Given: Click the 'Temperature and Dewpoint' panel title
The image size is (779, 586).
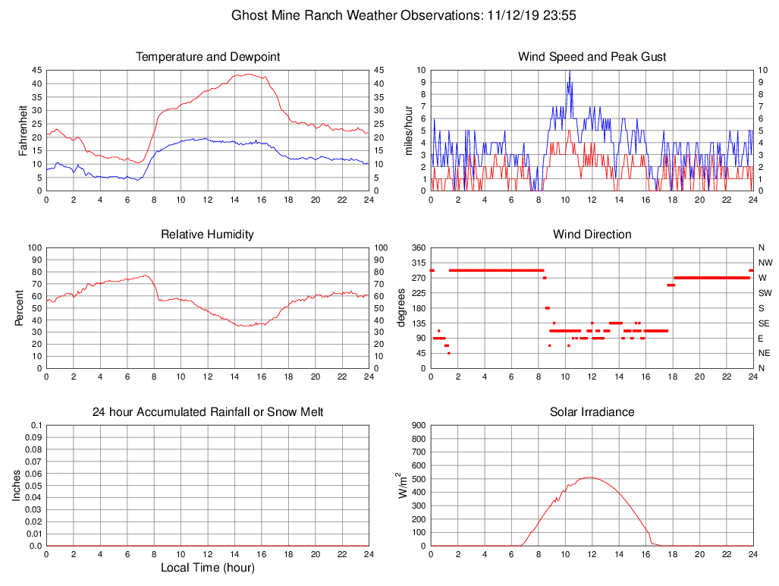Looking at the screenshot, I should (207, 57).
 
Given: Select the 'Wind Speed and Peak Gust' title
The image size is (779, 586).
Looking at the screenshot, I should (592, 57).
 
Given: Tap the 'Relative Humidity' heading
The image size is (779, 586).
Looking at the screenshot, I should (207, 235).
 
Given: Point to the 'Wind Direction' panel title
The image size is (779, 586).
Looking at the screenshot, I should (592, 235).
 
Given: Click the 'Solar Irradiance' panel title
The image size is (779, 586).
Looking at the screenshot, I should (592, 412).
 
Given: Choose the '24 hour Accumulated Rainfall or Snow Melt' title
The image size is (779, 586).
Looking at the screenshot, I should (207, 412).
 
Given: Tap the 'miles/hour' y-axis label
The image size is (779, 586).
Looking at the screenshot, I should (408, 130).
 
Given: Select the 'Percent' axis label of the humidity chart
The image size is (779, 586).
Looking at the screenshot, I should (20, 307).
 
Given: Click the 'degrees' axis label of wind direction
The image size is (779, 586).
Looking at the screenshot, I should (401, 307).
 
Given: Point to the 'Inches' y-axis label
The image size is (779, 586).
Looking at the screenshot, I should (17, 485).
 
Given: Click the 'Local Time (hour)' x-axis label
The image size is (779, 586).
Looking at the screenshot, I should (207, 567).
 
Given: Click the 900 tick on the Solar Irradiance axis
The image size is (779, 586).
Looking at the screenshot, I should (418, 426).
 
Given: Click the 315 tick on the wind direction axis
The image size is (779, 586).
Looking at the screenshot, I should (418, 263).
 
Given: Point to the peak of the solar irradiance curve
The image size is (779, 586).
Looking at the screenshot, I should (589, 477).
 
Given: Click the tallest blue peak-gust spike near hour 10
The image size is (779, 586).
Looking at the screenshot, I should (569, 71).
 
